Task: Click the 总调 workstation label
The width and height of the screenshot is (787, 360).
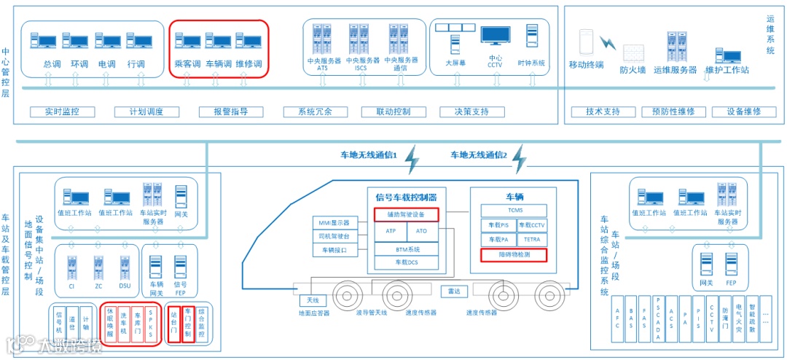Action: tap(52, 64)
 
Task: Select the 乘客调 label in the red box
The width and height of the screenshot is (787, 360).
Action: tap(187, 64)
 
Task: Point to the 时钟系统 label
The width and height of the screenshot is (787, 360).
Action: tap(531, 63)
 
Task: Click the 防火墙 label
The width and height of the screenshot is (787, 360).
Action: tap(633, 70)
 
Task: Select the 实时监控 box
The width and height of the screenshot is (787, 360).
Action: tap(61, 112)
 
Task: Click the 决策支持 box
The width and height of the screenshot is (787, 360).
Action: tap(471, 112)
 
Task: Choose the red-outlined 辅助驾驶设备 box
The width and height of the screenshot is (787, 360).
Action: tap(407, 214)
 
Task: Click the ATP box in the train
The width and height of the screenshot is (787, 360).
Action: tap(391, 231)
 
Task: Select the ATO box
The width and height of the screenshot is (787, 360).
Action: tap(422, 231)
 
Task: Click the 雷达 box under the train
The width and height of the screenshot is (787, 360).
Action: tap(454, 291)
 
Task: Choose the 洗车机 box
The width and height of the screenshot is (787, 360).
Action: tap(124, 325)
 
